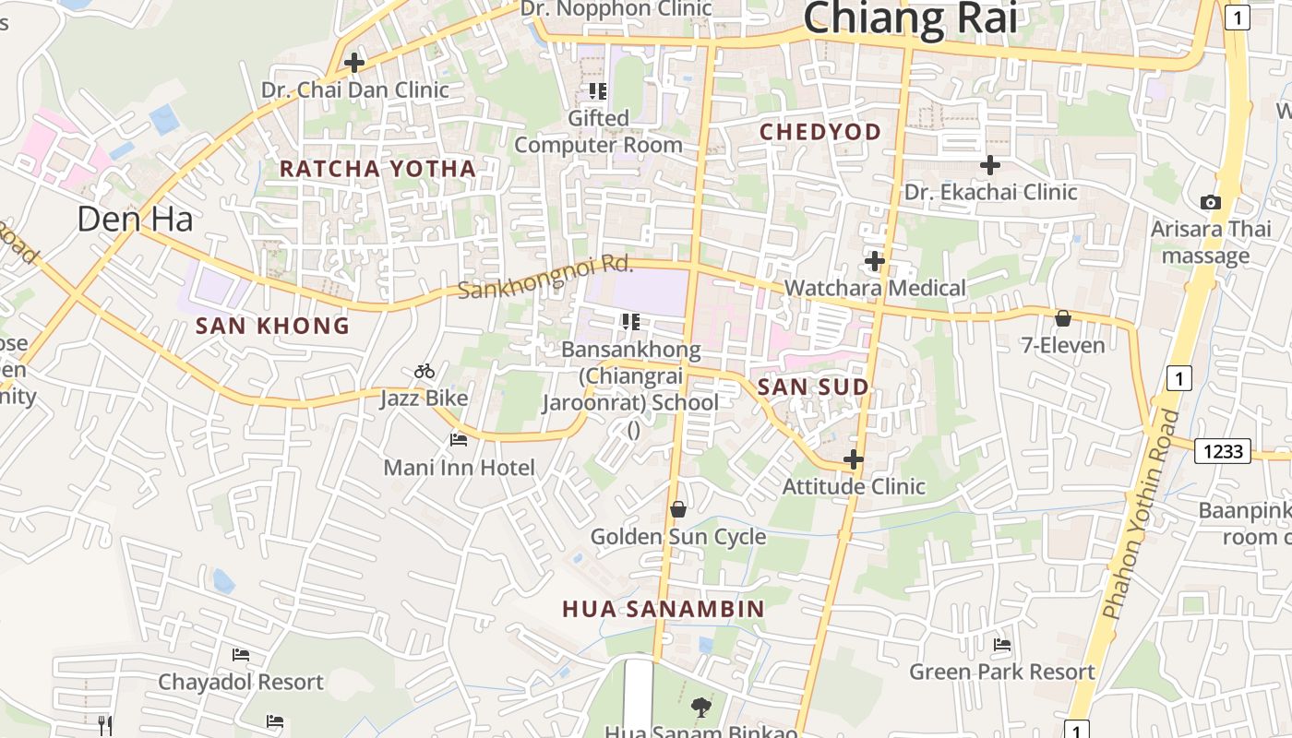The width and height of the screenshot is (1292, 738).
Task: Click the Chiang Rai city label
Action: click(x=909, y=18)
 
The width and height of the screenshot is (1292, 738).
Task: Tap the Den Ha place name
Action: click(x=135, y=219)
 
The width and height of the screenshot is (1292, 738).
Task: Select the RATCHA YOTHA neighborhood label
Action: click(x=377, y=169)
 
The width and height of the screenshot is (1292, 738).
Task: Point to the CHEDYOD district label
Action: click(x=820, y=132)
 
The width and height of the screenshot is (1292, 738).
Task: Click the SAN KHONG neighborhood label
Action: click(x=272, y=326)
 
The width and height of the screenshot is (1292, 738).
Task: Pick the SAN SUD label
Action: click(x=813, y=387)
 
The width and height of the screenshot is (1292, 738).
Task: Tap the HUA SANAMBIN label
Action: click(x=664, y=609)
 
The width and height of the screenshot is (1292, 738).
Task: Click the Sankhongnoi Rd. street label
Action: click(x=545, y=278)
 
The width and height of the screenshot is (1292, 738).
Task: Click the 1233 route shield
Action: click(x=1223, y=451)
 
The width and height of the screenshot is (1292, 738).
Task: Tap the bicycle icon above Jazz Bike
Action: click(x=425, y=371)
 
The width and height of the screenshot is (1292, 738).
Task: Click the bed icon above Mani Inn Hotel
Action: click(x=459, y=439)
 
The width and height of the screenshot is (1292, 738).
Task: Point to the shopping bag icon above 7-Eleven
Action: click(x=1063, y=318)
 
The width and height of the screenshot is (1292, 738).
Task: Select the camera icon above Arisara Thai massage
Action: click(x=1210, y=202)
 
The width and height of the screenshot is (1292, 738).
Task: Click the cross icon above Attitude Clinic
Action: click(x=854, y=458)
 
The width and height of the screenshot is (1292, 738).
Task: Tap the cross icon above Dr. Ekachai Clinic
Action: click(x=990, y=165)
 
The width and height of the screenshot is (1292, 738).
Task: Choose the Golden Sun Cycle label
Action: click(x=678, y=537)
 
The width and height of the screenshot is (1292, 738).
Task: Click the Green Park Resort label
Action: click(x=1002, y=672)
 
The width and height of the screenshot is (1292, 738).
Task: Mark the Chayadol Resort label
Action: click(x=241, y=682)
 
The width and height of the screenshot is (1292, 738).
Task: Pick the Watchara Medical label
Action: click(x=875, y=288)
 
